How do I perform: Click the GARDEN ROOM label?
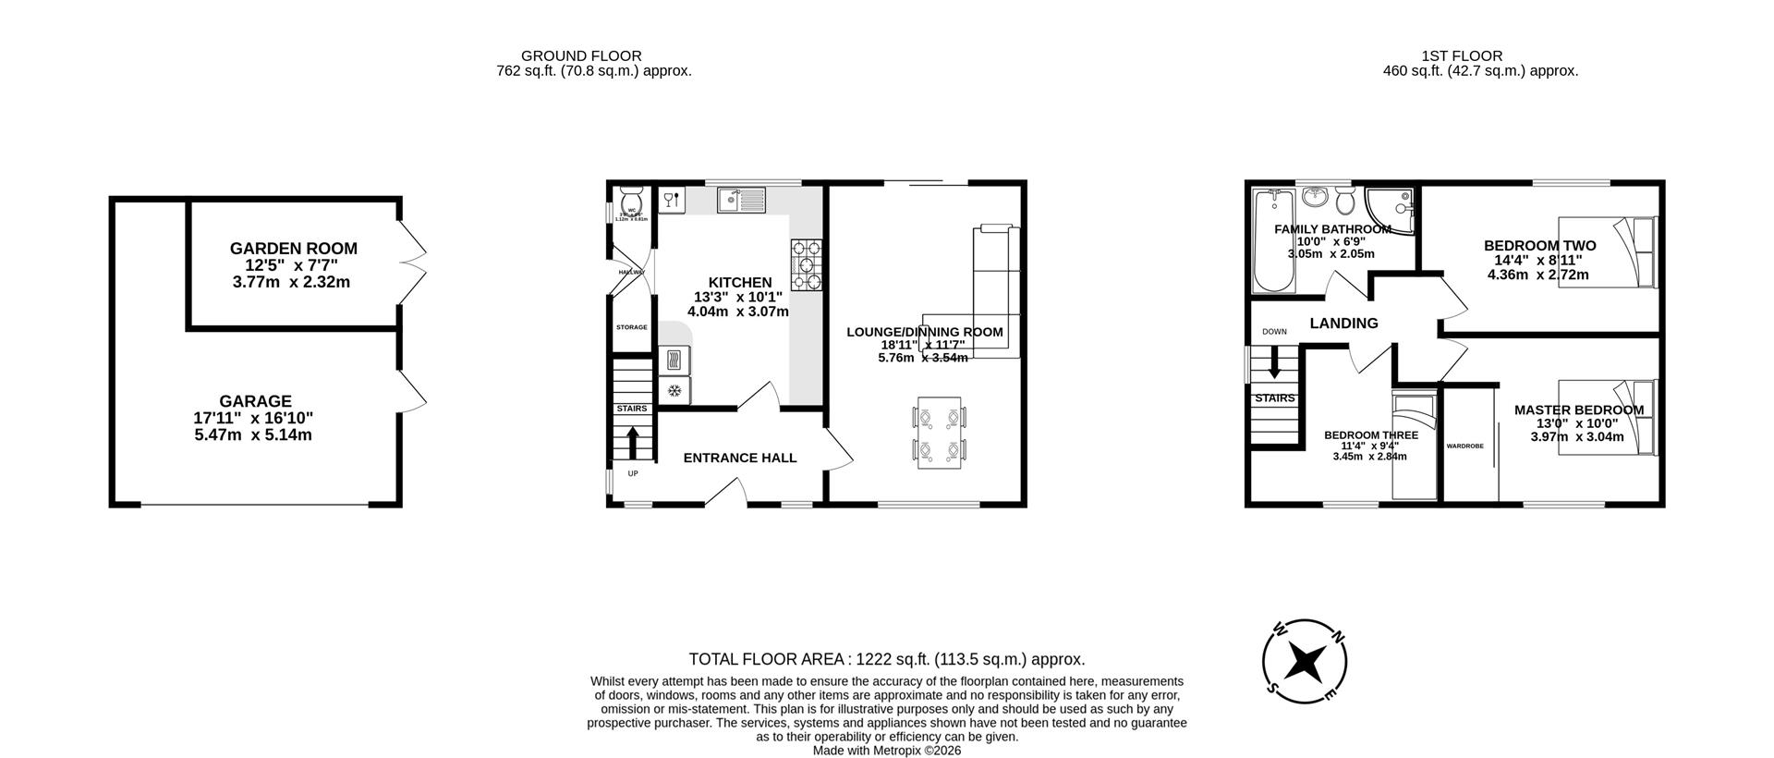(293, 249)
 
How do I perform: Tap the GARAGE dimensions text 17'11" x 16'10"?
(253, 418)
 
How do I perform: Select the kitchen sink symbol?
(742, 199)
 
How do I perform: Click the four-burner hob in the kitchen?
(806, 265)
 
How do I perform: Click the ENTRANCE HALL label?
(739, 458)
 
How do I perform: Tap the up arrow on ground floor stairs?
(633, 442)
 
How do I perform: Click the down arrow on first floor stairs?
(1274, 361)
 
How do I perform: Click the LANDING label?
(1343, 324)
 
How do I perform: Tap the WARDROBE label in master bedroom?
(1464, 446)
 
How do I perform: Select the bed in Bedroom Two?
(1608, 252)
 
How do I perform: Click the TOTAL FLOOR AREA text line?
(886, 659)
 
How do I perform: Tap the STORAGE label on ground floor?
(631, 327)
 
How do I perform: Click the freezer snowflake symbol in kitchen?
(674, 390)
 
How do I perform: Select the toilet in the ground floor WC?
(632, 201)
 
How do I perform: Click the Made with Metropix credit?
(886, 751)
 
